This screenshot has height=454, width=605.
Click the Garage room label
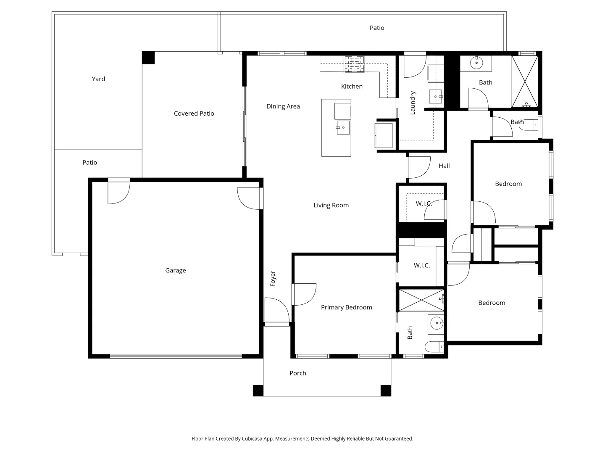click(175, 270)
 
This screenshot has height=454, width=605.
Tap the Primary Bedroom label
click(346, 307)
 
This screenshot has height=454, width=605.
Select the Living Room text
click(331, 205)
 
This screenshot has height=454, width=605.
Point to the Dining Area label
click(283, 106)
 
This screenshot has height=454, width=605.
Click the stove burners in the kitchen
click(354, 64)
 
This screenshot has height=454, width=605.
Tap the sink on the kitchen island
click(343, 127)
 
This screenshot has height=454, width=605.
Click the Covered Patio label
click(194, 113)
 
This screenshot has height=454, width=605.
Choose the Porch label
click(297, 373)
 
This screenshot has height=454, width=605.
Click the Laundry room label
click(413, 103)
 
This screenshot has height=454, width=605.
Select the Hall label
click(444, 166)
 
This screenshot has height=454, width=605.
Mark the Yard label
click(98, 79)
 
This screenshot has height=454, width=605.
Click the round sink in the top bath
click(476, 63)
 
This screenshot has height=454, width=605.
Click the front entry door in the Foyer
click(276, 311)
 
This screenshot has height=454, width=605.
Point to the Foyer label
click(273, 279)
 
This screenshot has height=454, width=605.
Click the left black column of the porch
click(258, 391)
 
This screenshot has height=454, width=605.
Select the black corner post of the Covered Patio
click(148, 58)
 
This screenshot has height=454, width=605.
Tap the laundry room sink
click(436, 96)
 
